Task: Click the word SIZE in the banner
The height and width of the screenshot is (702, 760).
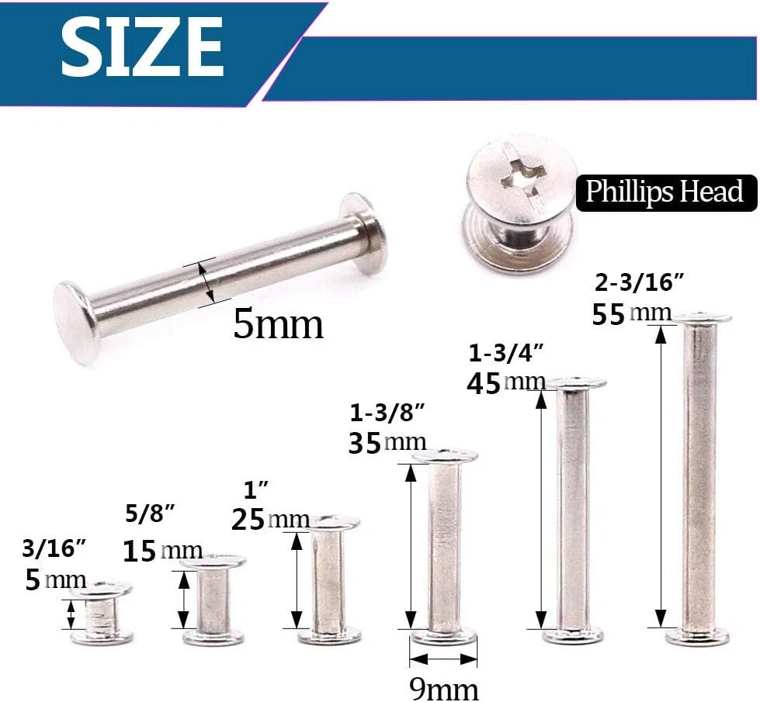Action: tap(142, 47)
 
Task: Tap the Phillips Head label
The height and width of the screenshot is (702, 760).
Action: tap(665, 192)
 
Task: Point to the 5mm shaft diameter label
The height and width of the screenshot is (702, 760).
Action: tap(278, 324)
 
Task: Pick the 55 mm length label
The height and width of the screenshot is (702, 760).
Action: tap(631, 314)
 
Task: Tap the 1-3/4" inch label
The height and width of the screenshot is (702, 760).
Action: tap(506, 353)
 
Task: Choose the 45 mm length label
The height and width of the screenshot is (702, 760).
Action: tap(506, 384)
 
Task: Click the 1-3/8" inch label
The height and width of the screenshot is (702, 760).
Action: tap(387, 413)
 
